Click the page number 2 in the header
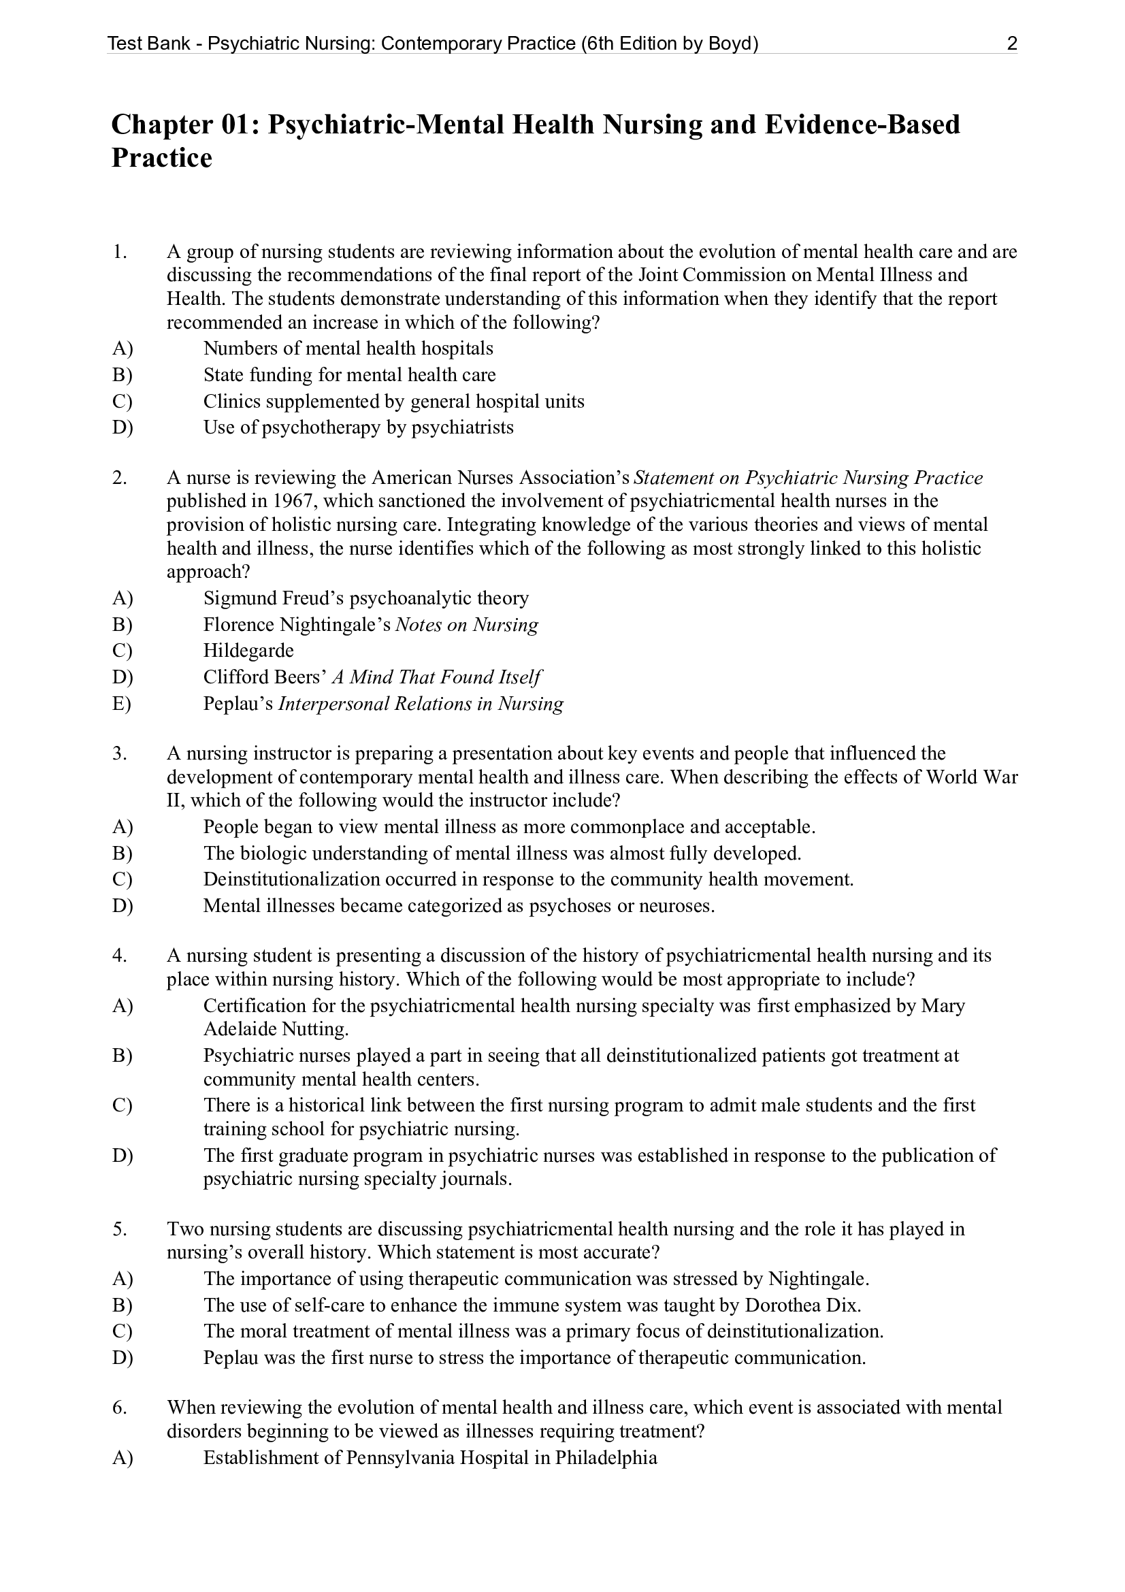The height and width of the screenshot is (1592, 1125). point(1011,44)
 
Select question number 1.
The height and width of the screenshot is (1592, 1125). point(119,252)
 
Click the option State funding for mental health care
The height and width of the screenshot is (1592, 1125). point(349,375)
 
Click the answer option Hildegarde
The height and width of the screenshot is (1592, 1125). point(248,651)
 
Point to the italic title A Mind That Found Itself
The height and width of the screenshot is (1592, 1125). point(436,677)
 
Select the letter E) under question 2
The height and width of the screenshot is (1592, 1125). point(121,704)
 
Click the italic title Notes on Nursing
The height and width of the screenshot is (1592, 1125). point(466,625)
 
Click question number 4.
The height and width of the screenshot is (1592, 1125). point(119,956)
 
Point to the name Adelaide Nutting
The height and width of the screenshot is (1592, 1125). point(275,1029)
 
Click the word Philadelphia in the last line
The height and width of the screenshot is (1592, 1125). point(605,1457)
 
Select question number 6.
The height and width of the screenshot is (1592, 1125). point(119,1408)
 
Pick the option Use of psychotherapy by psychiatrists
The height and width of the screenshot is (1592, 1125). point(359,427)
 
